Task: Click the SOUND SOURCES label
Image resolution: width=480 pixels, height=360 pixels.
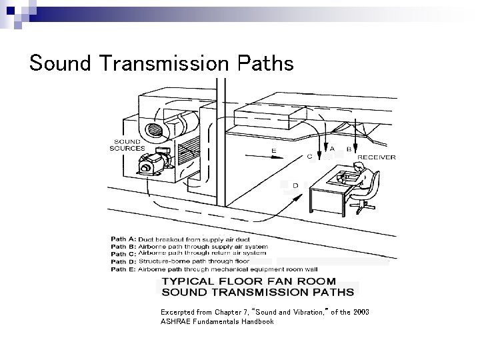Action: pyautogui.click(x=127, y=145)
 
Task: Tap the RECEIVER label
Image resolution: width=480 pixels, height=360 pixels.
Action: pyautogui.click(x=377, y=157)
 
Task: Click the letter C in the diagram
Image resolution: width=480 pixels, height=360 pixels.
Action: pyautogui.click(x=309, y=157)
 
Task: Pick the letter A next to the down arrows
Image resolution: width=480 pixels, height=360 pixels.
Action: pyautogui.click(x=333, y=149)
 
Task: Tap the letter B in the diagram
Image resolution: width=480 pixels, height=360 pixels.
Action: pyautogui.click(x=349, y=149)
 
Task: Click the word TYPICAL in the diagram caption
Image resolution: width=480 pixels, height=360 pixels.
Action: pyautogui.click(x=197, y=281)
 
